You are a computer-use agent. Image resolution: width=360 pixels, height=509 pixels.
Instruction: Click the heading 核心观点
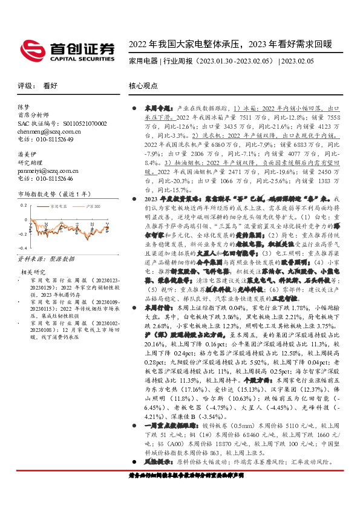pyautogui.click(x=143, y=86)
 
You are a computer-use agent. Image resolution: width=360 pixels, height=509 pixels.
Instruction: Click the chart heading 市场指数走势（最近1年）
pyautogui.click(x=51, y=194)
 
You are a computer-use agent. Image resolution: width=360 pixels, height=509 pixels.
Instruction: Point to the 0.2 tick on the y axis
pyautogui.click(x=22, y=205)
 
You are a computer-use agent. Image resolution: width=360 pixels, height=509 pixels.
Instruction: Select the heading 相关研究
pyautogui.click(x=33, y=272)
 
